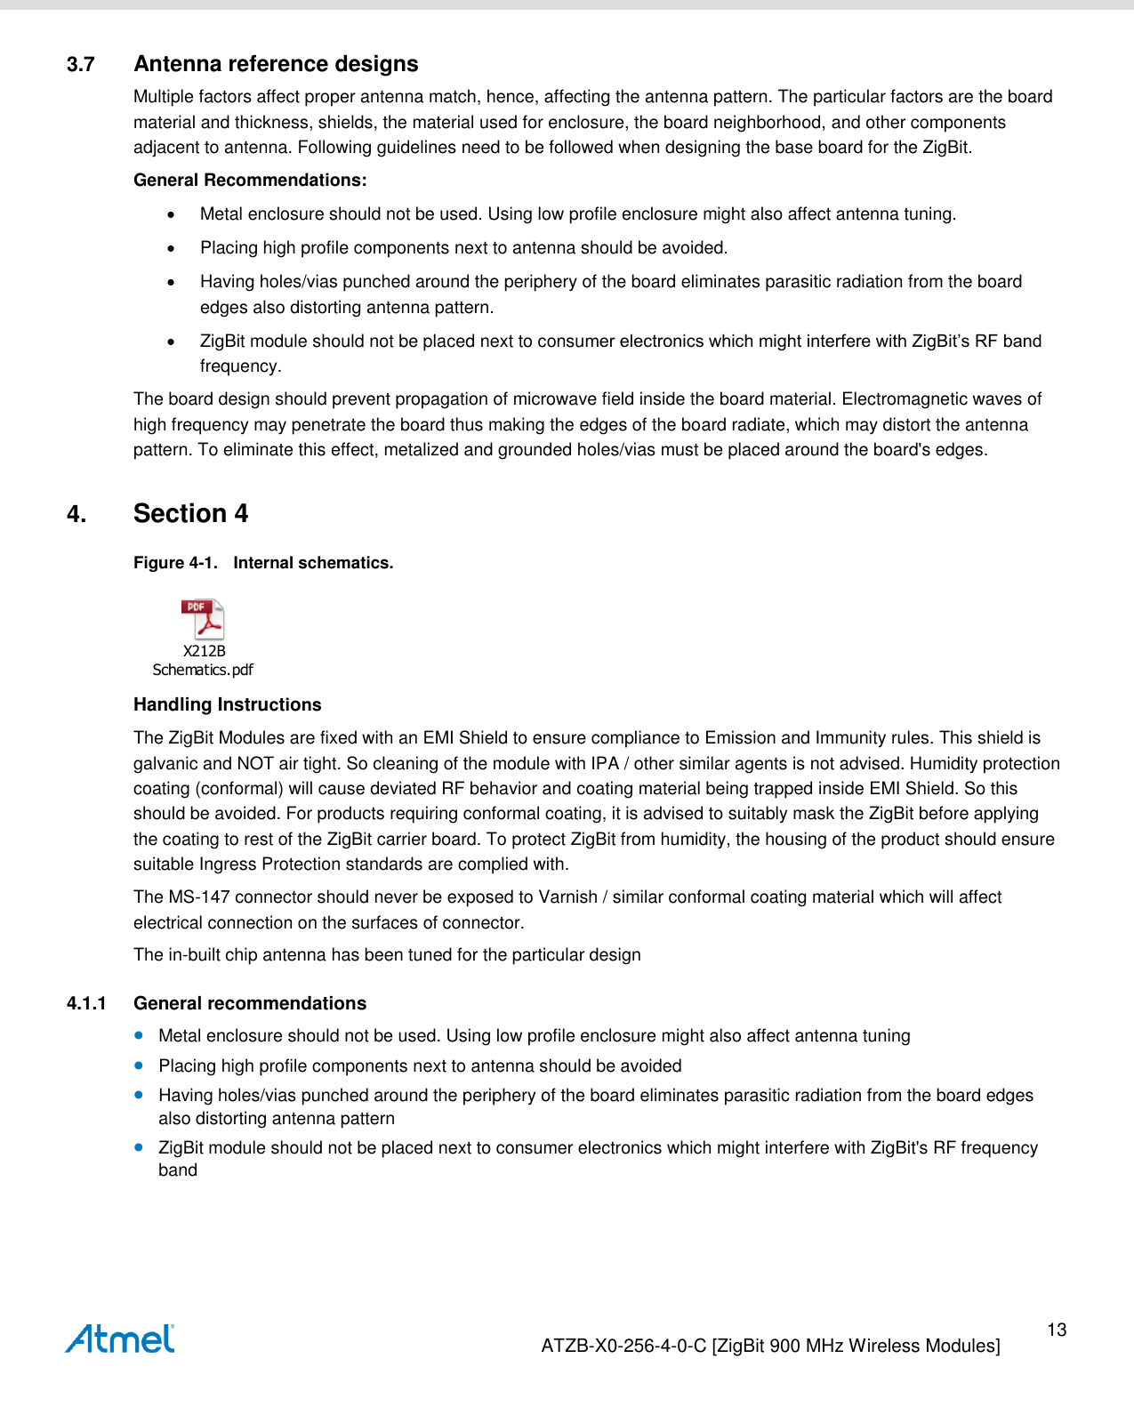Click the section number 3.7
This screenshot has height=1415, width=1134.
tap(81, 65)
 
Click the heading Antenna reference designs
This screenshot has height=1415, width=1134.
tap(276, 64)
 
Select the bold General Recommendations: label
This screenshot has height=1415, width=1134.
tap(250, 181)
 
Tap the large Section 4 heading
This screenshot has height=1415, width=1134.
tap(190, 514)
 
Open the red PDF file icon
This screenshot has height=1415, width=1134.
tap(203, 619)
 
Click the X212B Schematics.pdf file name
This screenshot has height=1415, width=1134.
tap(203, 661)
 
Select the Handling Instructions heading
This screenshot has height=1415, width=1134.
tap(227, 705)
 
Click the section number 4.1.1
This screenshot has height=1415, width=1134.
tap(86, 1004)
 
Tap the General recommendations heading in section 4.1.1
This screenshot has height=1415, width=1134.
tap(250, 1004)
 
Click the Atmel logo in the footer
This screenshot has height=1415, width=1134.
tap(120, 1339)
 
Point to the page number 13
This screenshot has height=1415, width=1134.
tap(1057, 1331)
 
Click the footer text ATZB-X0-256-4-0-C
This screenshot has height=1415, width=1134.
tap(624, 1347)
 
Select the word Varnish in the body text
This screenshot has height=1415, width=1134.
tap(567, 897)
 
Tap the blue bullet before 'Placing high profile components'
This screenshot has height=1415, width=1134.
tap(139, 1065)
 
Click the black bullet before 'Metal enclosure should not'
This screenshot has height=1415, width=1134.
tap(171, 214)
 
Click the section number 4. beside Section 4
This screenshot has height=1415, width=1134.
tap(76, 515)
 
